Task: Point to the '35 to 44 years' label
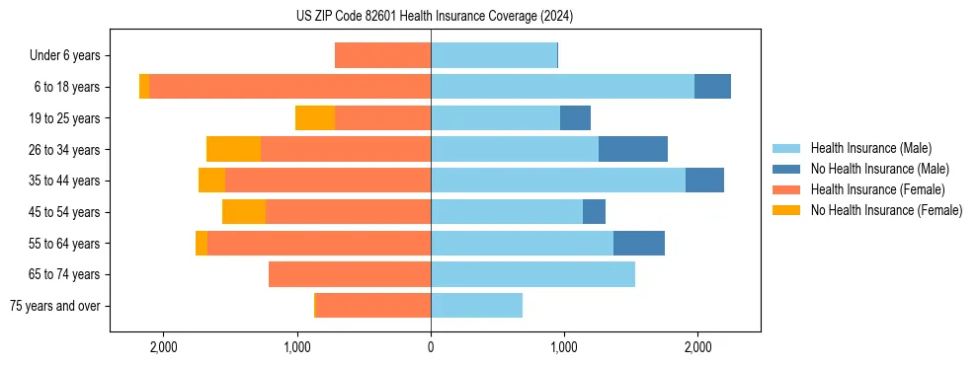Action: pos(65,181)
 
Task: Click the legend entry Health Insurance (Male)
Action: pos(870,148)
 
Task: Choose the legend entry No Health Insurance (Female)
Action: pos(886,210)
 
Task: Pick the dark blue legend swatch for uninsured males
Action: pos(786,169)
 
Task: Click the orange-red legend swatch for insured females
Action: pos(786,189)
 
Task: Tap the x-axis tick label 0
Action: pos(431,347)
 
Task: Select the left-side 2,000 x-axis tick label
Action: pos(163,347)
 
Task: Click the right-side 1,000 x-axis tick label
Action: pos(564,347)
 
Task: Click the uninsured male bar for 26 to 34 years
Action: pos(633,149)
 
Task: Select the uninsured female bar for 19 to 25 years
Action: pos(315,118)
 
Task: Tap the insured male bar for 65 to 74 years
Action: pos(532,274)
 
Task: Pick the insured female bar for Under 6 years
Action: pos(382,55)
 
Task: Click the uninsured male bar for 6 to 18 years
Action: pos(712,87)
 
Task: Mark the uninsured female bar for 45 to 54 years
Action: pos(244,212)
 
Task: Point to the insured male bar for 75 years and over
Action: pos(476,306)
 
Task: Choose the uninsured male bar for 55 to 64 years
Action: pos(639,243)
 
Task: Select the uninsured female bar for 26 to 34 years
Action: pos(233,149)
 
